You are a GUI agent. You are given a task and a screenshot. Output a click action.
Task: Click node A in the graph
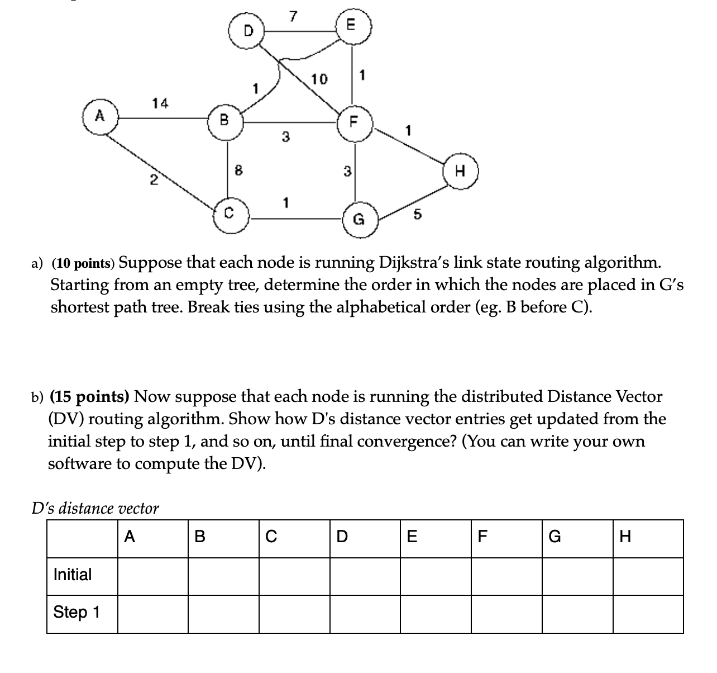[100, 117]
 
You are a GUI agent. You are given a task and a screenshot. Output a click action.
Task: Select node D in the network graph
[248, 29]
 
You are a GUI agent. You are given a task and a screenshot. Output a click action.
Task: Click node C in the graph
[229, 212]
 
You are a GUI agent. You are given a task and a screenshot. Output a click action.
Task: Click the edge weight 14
[160, 103]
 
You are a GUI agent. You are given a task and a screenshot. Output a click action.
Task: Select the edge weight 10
[319, 79]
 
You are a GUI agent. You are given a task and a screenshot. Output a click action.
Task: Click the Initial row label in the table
[73, 575]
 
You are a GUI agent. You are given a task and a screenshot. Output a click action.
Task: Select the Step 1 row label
[77, 613]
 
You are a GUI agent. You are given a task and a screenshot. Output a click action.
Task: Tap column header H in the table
[625, 538]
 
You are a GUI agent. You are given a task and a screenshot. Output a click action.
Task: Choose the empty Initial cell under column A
[152, 576]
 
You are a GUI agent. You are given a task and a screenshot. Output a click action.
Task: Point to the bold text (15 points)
[90, 396]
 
